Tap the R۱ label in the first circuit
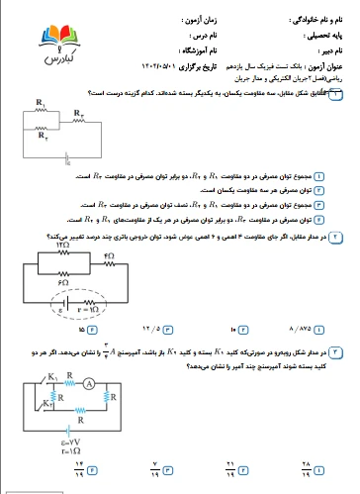40,102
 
